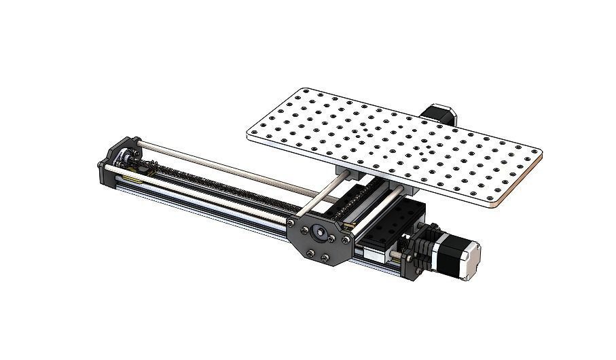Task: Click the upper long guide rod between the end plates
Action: (217, 162)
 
